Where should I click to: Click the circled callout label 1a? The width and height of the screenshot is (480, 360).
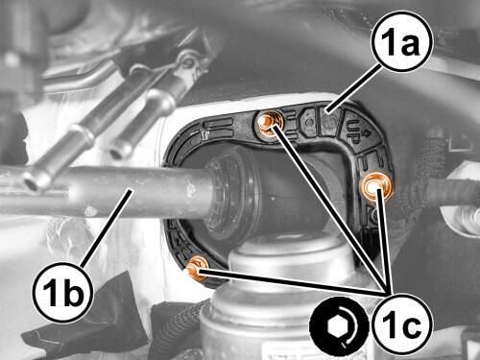tap(401, 43)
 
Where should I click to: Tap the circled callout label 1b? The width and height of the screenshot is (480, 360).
tap(62, 291)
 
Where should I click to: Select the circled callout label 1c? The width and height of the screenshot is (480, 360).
tap(402, 324)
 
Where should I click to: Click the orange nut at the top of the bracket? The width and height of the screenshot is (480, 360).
tap(270, 122)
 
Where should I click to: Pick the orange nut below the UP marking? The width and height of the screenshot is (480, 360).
tap(374, 187)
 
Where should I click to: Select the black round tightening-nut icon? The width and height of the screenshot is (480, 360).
tap(339, 326)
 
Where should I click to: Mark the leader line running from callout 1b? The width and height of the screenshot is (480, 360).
tap(107, 228)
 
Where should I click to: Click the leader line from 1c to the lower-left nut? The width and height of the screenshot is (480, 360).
tap(292, 282)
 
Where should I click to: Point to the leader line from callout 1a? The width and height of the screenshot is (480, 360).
tap(352, 87)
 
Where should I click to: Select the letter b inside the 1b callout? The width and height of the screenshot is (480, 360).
tap(74, 291)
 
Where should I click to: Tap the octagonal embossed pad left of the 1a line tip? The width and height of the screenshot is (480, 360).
tap(309, 122)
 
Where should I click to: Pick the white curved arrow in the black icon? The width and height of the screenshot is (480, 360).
tap(350, 325)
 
